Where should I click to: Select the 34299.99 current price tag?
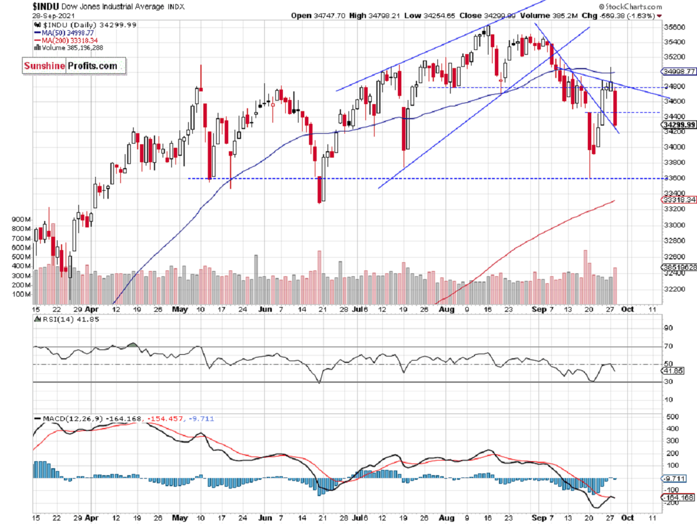pos(678,125)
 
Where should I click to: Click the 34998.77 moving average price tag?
pos(678,72)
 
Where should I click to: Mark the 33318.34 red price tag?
pos(678,199)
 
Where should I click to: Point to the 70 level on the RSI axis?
pos(669,346)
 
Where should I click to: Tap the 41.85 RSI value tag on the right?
pos(674,370)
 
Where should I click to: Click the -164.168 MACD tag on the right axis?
pos(677,497)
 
